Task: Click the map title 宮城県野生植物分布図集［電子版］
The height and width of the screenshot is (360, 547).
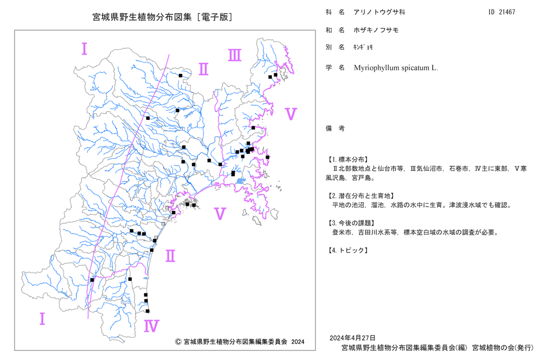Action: click(162, 17)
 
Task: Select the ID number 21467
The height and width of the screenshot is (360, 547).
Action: click(507, 12)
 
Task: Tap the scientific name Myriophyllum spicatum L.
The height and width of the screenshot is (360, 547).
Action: click(395, 68)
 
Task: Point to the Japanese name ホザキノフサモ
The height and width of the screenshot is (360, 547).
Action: click(376, 30)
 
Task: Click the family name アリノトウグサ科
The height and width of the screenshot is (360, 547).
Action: click(379, 12)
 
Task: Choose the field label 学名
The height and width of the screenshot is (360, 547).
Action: click(335, 68)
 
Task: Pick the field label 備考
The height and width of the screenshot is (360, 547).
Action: click(335, 129)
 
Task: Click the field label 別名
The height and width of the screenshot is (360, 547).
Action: click(335, 47)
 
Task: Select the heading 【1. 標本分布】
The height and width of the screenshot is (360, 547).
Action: click(347, 160)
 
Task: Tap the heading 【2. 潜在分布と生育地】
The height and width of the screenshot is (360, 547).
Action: click(360, 196)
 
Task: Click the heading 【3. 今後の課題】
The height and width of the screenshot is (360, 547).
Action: click(351, 223)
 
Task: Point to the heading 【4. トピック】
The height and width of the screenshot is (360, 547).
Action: click(347, 251)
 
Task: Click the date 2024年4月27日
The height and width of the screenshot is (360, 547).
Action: click(352, 338)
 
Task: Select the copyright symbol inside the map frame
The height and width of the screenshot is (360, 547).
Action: click(178, 342)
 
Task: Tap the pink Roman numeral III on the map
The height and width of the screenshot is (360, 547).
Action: click(235, 55)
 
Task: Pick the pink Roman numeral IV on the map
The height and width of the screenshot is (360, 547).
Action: click(152, 326)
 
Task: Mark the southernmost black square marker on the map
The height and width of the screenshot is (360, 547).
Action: click(148, 311)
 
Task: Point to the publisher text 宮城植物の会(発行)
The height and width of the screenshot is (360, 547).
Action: click(503, 348)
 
